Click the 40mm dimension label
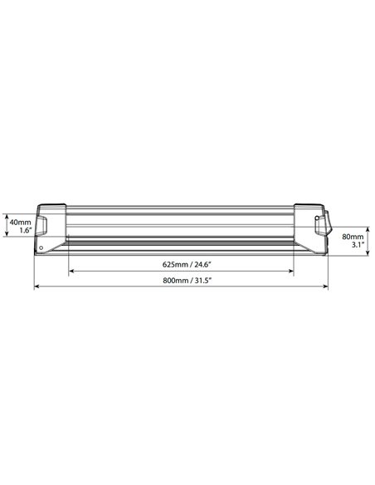pos(21,223)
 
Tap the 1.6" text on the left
pos(26,230)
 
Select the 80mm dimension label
pos(353,237)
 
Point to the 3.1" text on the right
pos(358,245)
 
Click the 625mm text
pos(175,264)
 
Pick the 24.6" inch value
pos(202,264)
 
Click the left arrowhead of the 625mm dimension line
pos(71,272)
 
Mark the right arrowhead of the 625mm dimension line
pos(291,272)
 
